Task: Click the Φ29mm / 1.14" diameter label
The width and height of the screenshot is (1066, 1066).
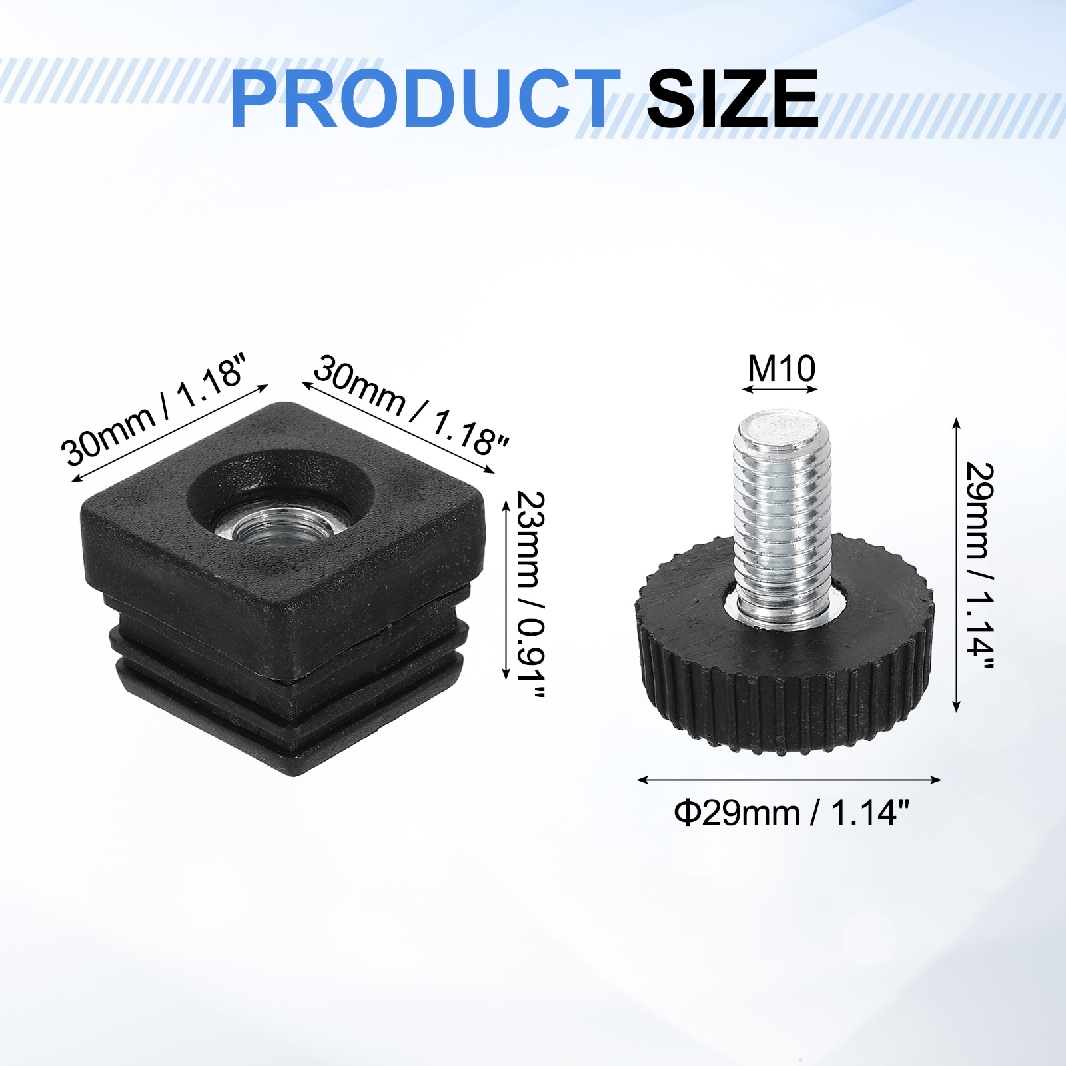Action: point(792,813)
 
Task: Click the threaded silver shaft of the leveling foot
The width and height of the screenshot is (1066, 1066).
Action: point(782,513)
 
